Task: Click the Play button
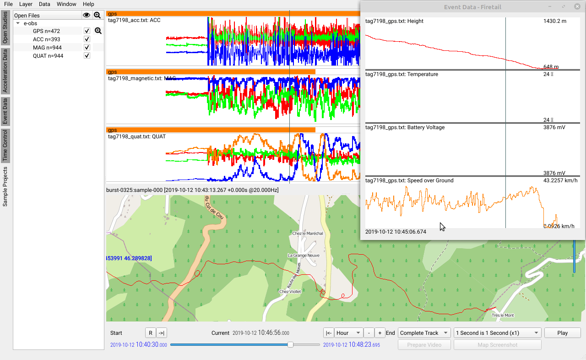562,333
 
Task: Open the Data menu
44,4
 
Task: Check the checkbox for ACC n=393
87,39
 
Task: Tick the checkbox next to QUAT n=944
87,56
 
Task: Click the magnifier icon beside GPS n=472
98,31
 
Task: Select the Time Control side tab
5,146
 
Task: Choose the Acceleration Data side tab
5,71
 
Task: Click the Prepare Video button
424,345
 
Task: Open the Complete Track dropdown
424,333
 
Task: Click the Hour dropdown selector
348,333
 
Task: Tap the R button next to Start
150,333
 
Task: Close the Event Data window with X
577,7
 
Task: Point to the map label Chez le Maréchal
308,234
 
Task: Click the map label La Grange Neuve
304,255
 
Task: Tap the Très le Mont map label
502,316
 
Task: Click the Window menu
66,4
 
